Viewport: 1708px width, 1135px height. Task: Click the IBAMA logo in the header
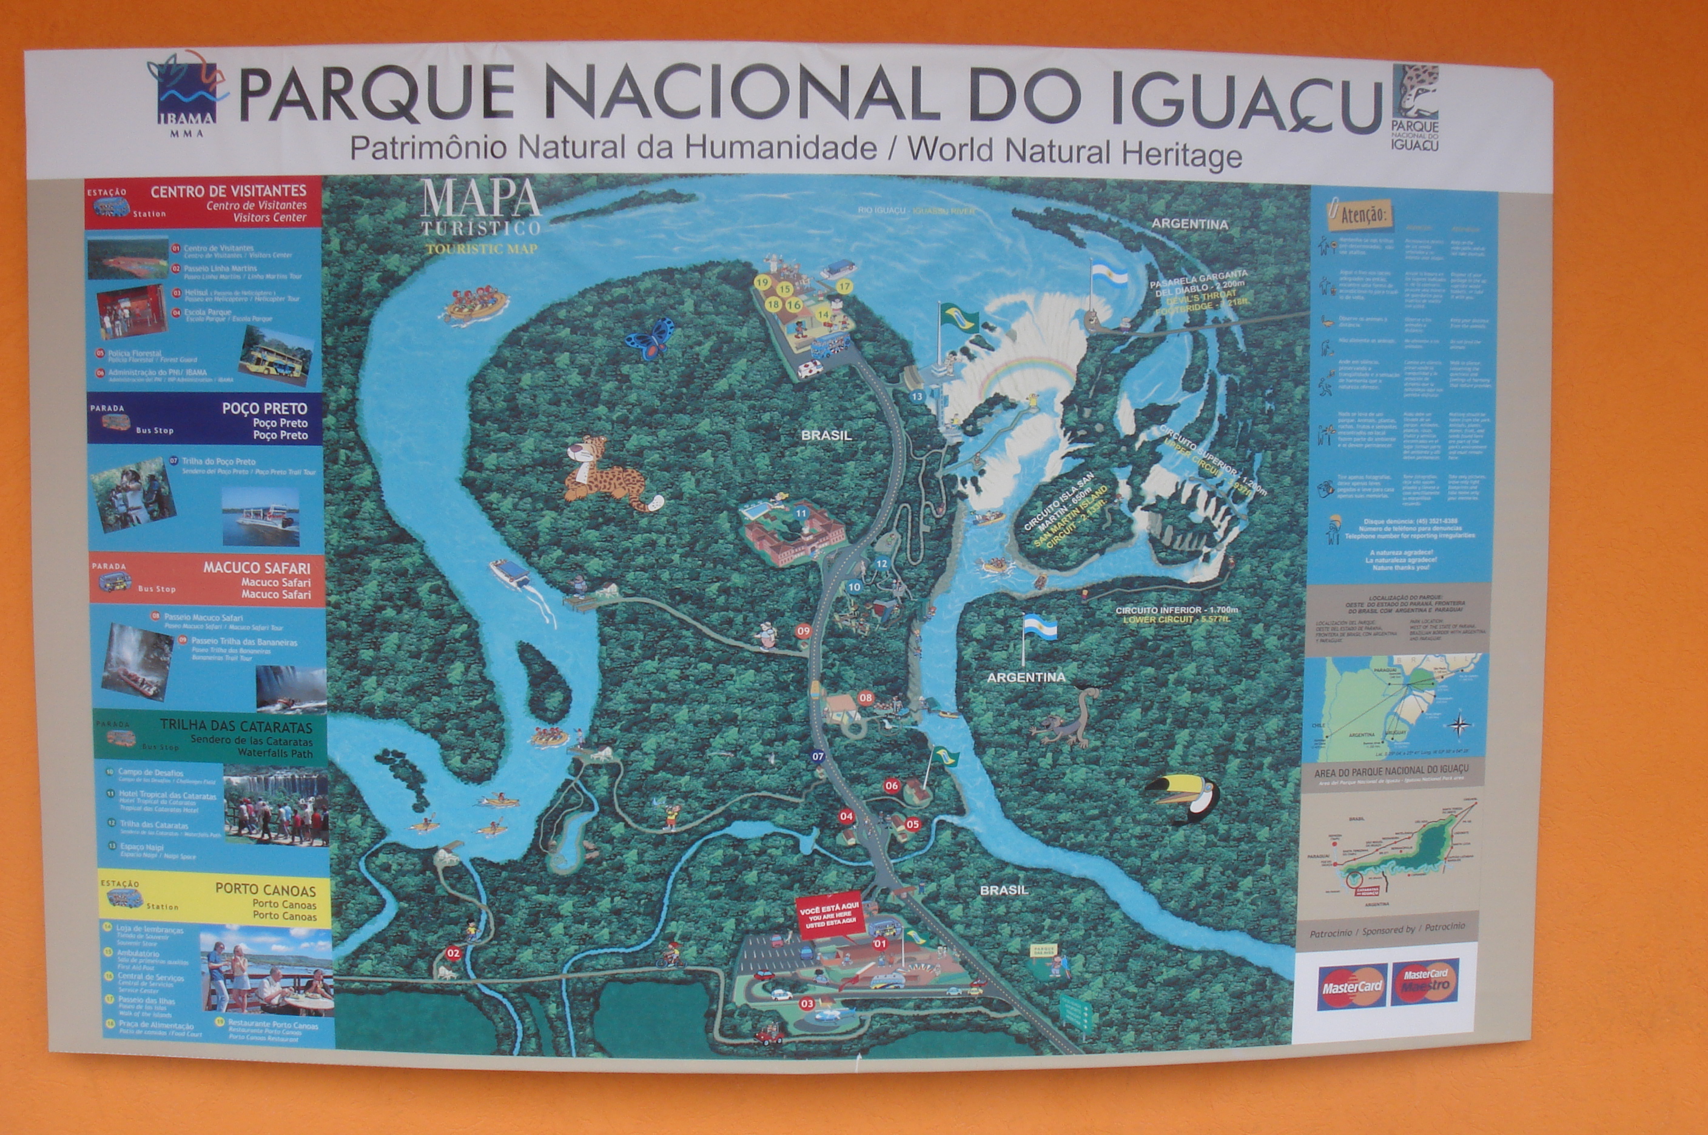(187, 93)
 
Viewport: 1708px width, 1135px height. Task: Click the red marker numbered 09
(803, 631)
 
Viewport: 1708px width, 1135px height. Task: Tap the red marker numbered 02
(453, 953)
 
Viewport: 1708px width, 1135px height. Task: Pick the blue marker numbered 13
(917, 397)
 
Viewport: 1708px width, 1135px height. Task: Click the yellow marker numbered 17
(844, 287)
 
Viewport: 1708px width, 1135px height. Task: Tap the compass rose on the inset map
(1460, 725)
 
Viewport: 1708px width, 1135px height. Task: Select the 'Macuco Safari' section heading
(257, 568)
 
